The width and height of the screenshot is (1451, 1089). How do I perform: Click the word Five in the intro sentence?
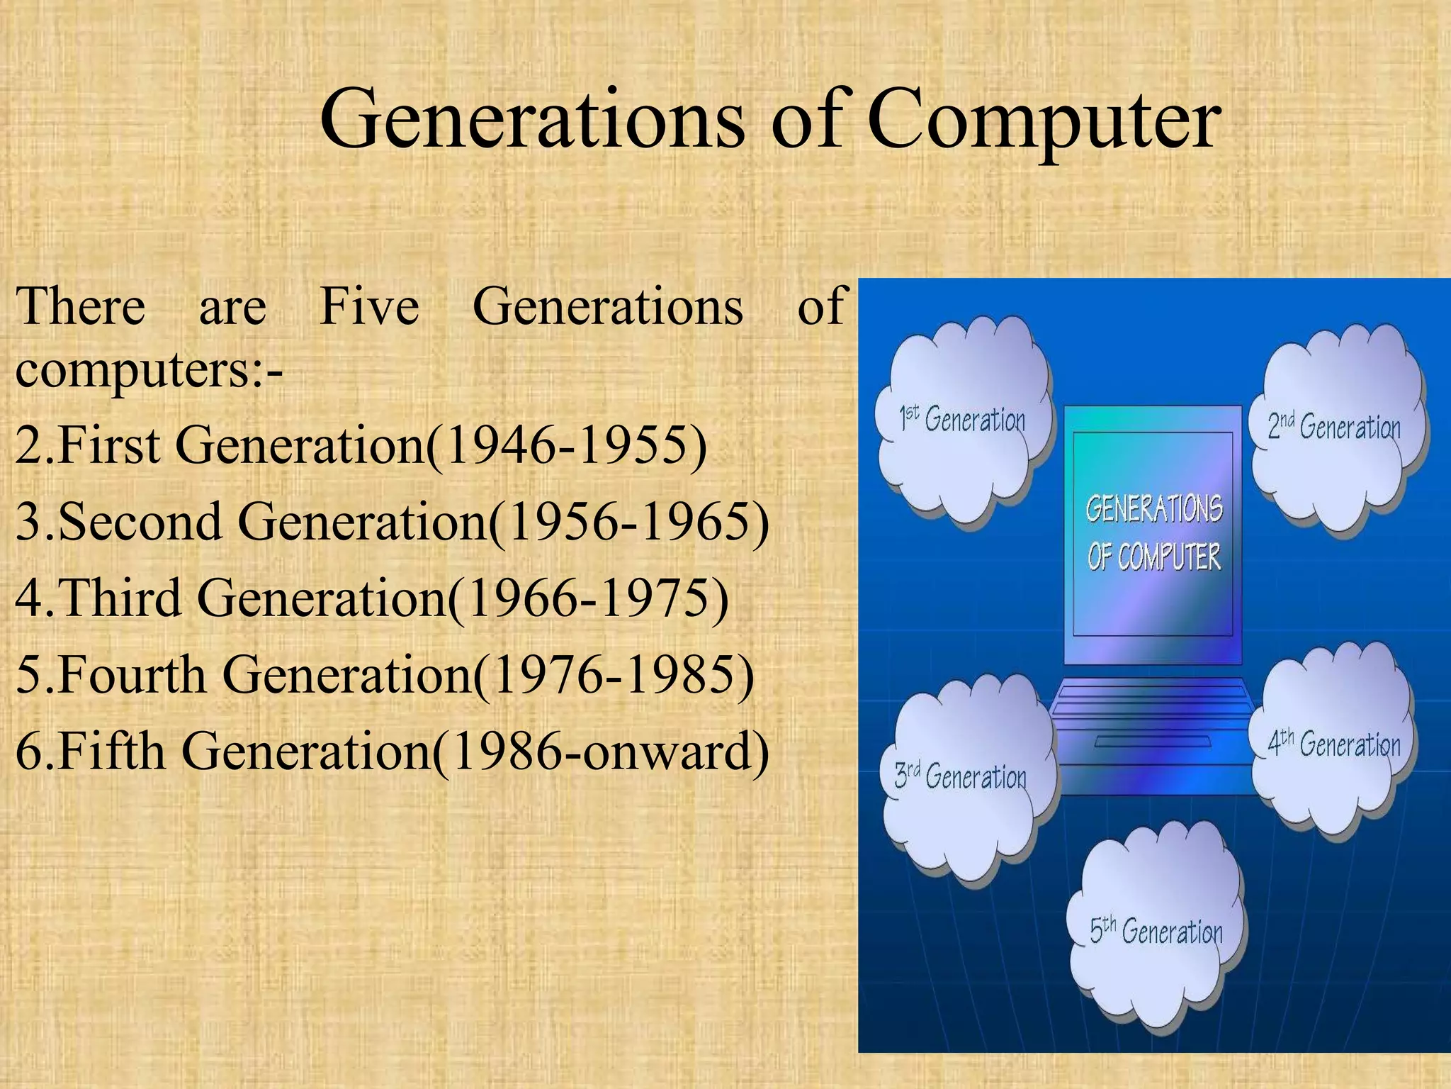[369, 306]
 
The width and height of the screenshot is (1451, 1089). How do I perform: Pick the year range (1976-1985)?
[614, 675]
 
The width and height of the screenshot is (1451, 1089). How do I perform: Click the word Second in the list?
[140, 523]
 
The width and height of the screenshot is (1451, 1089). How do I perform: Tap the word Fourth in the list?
[132, 675]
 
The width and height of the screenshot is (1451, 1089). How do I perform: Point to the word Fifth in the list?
[111, 752]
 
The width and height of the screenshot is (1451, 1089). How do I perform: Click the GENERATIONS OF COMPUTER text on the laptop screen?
[1153, 532]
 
